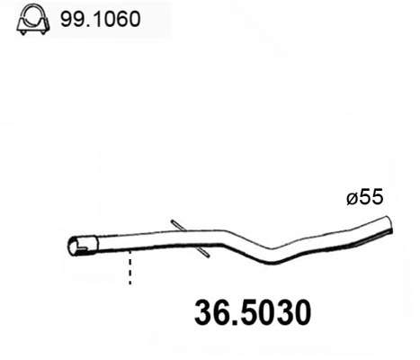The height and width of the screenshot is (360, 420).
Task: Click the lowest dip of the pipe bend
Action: point(274,260)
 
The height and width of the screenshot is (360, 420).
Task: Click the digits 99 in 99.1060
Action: point(69,19)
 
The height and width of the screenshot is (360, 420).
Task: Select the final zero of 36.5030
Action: point(302,313)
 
